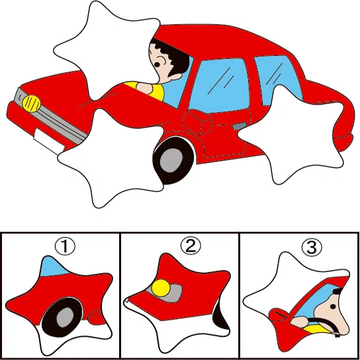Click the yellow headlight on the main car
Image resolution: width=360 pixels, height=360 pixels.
[x=32, y=104]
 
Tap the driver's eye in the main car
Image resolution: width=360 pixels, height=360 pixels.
[x=157, y=64]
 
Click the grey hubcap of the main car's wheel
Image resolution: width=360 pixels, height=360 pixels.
[x=171, y=159]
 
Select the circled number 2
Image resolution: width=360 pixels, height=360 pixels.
[x=191, y=246]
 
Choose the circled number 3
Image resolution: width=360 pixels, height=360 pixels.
[x=312, y=247]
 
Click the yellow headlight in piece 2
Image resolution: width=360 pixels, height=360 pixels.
[x=161, y=288]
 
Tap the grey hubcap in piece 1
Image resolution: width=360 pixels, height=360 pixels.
[x=65, y=317]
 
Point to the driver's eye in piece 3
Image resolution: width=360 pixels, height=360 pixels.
[x=333, y=306]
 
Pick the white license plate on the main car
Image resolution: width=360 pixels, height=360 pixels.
[x=49, y=141]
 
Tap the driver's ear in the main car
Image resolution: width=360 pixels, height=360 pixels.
[x=176, y=77]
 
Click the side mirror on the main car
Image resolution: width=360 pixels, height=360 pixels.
[x=198, y=122]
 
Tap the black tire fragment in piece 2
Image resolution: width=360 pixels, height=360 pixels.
[x=220, y=317]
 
